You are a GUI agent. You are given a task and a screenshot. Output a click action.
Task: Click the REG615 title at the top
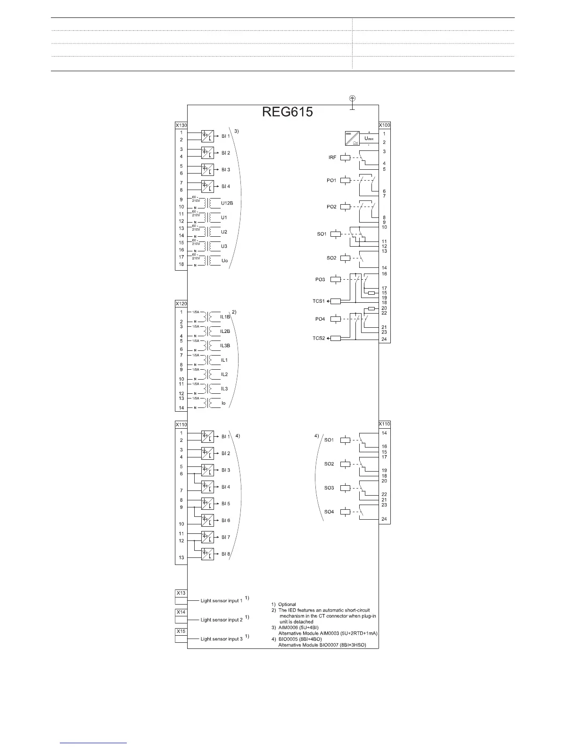[x=288, y=112]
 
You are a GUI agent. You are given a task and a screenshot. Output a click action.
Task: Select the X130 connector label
[x=181, y=125]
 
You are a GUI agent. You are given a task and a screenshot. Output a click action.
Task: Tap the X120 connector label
[x=181, y=303]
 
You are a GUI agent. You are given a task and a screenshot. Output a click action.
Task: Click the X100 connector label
[x=385, y=125]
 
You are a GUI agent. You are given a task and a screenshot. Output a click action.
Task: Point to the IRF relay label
[x=332, y=158]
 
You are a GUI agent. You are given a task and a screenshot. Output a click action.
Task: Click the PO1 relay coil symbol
[x=345, y=180]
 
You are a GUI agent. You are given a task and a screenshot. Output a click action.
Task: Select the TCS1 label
[x=319, y=301]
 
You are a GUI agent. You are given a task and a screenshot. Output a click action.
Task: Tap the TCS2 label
[x=319, y=338]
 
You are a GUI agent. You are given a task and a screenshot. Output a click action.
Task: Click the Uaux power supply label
[x=370, y=139]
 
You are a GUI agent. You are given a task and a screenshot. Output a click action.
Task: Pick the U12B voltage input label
[x=227, y=203]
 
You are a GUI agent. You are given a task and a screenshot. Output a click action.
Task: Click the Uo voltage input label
[x=224, y=261]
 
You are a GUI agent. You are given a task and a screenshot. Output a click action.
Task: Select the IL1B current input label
[x=225, y=317]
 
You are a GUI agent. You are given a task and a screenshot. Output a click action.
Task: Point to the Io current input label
[x=223, y=403]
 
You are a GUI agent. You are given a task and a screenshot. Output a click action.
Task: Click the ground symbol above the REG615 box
[x=352, y=99]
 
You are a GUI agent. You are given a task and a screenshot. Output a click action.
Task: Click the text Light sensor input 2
[x=222, y=620]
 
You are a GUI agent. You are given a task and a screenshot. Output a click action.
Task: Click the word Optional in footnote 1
[x=287, y=604]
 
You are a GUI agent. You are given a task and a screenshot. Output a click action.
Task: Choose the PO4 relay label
[x=320, y=319]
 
